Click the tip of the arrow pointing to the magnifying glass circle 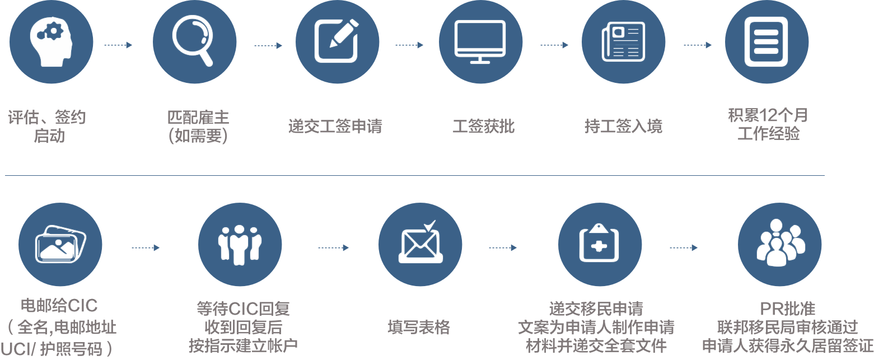tap(132, 45)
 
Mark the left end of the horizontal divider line tap(5, 175)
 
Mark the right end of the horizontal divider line tap(825, 175)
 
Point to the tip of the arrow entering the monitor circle tap(423, 45)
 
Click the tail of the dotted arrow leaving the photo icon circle tap(132, 247)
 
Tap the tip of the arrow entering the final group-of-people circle tap(698, 247)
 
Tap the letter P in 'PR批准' tap(765, 309)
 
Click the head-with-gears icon tap(51, 41)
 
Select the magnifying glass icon tap(194, 40)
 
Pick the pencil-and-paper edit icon tap(337, 41)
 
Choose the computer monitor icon tap(480, 42)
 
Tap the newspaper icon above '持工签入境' tap(623, 42)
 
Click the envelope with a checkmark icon tap(420, 242)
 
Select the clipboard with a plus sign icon tap(599, 242)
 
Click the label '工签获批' tap(483, 127)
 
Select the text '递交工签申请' tap(335, 127)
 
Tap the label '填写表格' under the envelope tap(419, 327)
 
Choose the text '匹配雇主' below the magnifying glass tap(198, 118)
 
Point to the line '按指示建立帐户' tap(243, 346)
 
